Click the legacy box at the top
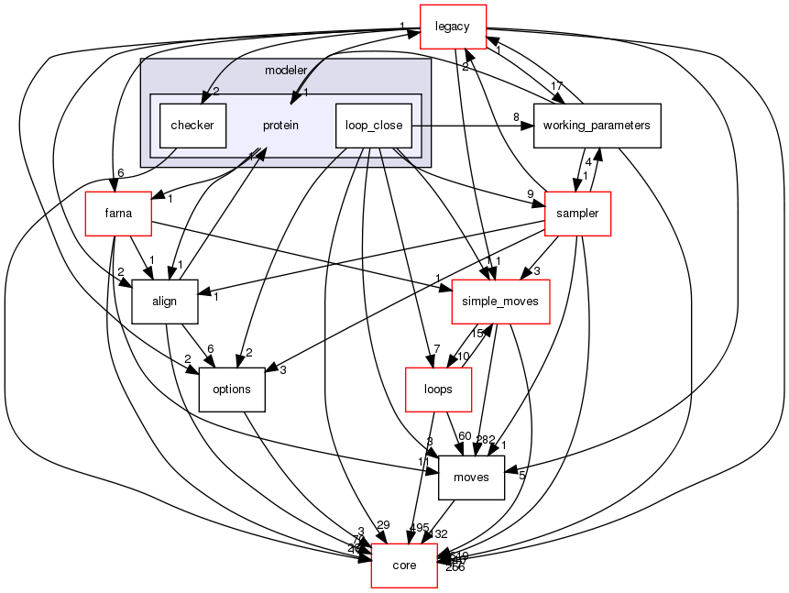tap(453, 27)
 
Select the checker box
tap(192, 126)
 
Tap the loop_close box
tap(374, 126)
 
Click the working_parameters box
tap(597, 125)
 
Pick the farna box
tap(118, 214)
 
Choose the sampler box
tap(577, 214)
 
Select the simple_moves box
tap(500, 301)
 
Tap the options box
tap(231, 389)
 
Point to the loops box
tap(438, 389)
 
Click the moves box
tap(472, 477)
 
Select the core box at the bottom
tap(404, 565)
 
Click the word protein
tap(280, 126)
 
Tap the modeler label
tap(285, 70)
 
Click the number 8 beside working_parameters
tap(517, 116)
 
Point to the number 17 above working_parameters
tap(556, 87)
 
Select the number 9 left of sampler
tap(530, 193)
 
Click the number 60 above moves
tap(465, 435)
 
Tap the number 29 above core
tap(383, 524)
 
